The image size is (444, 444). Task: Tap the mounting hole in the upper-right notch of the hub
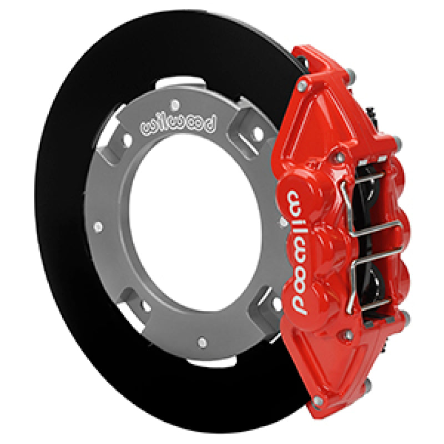(x=256, y=133)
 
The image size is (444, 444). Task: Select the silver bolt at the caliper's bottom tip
(x=318, y=400)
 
